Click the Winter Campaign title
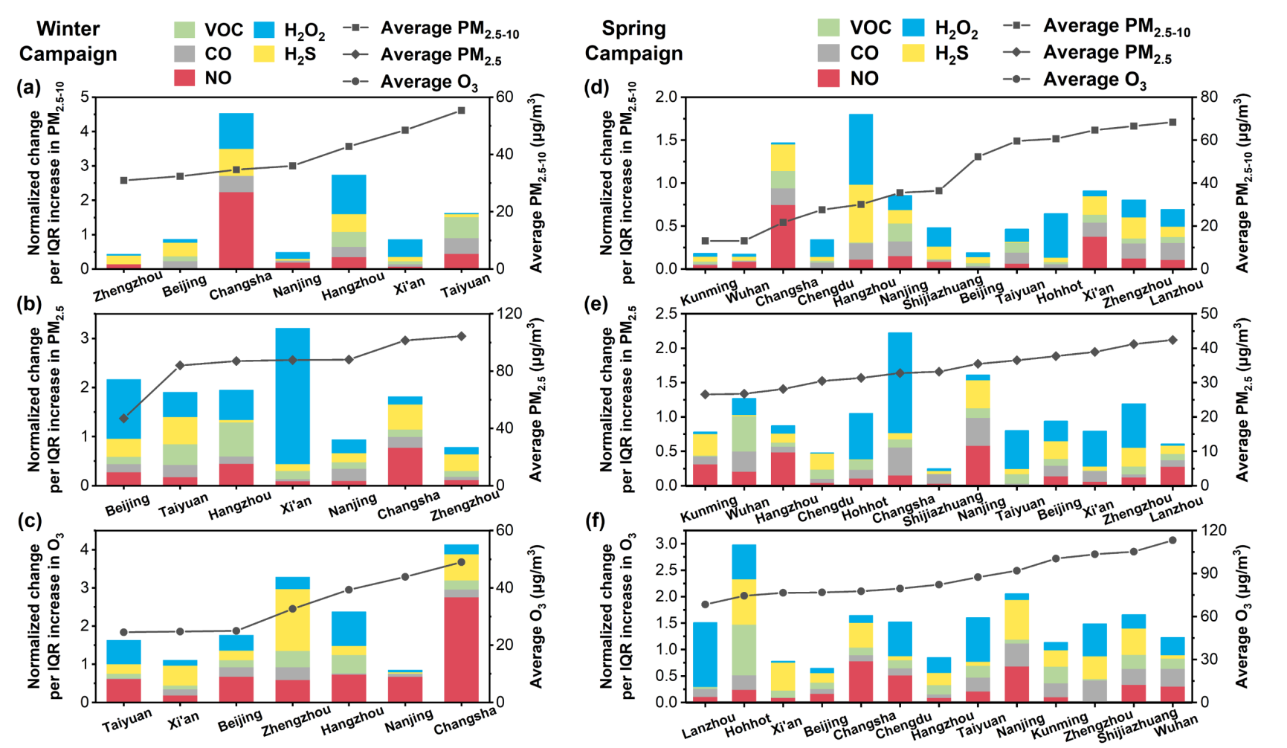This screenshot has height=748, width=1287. [x=68, y=41]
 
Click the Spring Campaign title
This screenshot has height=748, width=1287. [x=633, y=41]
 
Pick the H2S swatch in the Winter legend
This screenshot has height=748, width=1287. [x=265, y=54]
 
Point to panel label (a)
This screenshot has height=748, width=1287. [x=28, y=88]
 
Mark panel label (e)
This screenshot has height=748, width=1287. [x=597, y=304]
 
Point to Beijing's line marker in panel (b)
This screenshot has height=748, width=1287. [x=124, y=419]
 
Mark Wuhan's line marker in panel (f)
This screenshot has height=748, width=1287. [x=1173, y=540]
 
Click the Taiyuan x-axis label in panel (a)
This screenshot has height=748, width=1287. [x=466, y=286]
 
